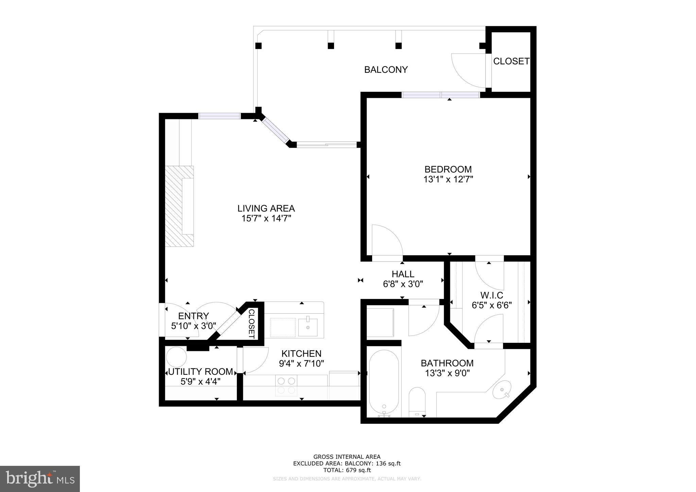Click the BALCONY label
tap(386, 70)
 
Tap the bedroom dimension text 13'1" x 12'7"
tap(448, 179)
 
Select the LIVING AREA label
tap(266, 208)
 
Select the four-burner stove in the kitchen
tap(286, 386)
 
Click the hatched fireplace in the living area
tap(179, 206)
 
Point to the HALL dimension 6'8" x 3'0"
tap(403, 284)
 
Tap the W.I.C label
tap(491, 295)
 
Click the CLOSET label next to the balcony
tap(511, 61)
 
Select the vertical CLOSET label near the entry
tap(251, 323)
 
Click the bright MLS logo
tap(40, 479)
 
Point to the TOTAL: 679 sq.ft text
tap(347, 470)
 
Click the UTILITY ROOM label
tap(201, 372)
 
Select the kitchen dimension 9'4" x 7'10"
tap(301, 364)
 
